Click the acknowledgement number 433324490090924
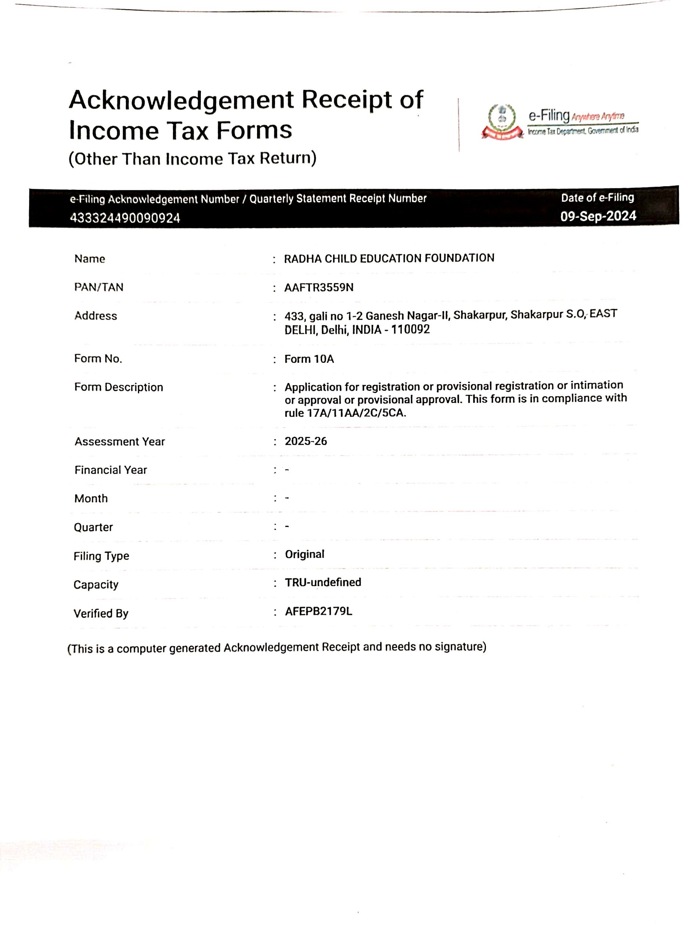point(125,218)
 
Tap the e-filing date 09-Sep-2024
point(598,216)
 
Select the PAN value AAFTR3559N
point(319,287)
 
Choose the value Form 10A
point(309,358)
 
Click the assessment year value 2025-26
point(306,441)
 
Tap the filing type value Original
point(304,554)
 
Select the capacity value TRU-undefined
point(323,582)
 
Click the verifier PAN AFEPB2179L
point(318,611)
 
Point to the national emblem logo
point(502,121)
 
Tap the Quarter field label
point(93,527)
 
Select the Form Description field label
point(119,387)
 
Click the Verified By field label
point(101,613)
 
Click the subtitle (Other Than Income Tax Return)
point(192,158)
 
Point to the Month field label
point(91,498)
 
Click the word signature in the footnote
point(460,647)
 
